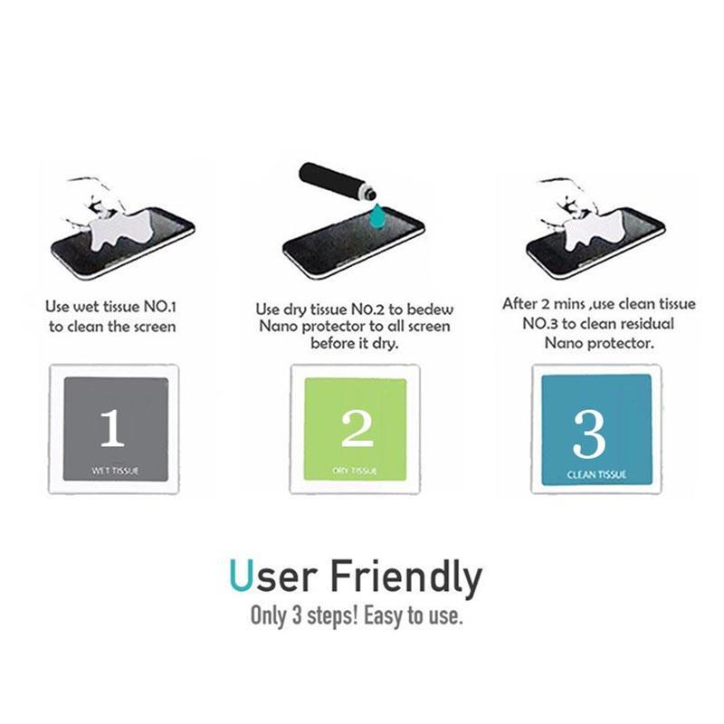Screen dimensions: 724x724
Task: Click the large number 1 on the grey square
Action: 112,428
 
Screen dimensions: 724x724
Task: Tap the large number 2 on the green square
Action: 357,428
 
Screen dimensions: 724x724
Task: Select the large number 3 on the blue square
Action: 589,434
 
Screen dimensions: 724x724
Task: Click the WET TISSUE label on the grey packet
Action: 115,471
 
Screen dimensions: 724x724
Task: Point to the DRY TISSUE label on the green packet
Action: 355,471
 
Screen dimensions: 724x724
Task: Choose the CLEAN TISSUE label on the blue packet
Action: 596,474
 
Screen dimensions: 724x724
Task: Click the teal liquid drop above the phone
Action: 378,215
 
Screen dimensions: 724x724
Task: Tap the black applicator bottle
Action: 338,182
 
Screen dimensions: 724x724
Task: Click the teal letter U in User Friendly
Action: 241,576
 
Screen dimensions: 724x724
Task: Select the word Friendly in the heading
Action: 406,578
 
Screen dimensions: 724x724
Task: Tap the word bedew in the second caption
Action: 431,309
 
